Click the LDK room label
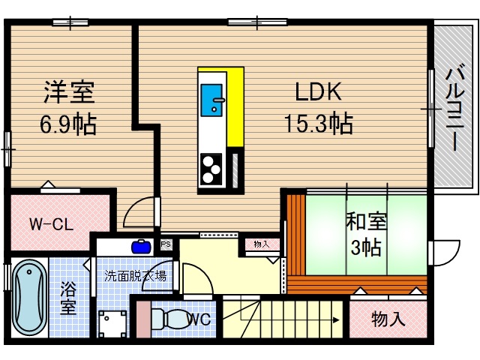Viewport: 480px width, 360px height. click(318, 91)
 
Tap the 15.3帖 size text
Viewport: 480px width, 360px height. click(318, 121)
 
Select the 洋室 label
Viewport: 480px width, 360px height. click(68, 93)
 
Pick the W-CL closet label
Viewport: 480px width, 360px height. click(50, 223)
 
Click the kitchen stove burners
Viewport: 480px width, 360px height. click(211, 169)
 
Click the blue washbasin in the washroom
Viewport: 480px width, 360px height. click(140, 244)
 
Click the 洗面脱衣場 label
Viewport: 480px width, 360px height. click(135, 274)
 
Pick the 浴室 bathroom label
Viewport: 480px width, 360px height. click(67, 296)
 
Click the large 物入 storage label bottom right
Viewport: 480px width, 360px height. click(388, 319)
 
